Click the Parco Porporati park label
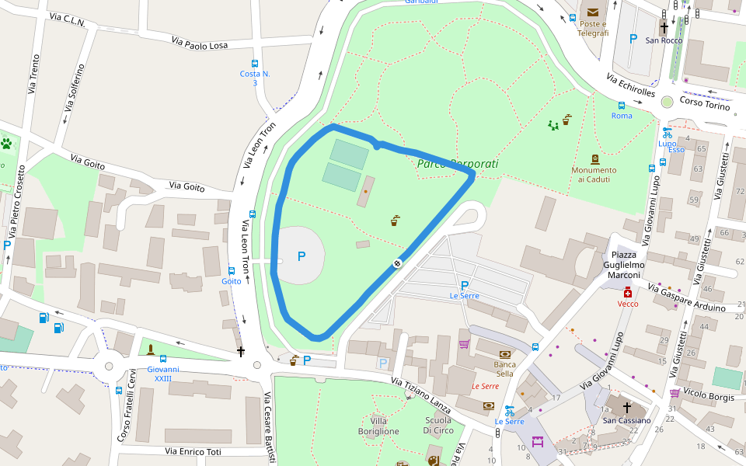click(x=457, y=164)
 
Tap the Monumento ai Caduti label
click(x=594, y=175)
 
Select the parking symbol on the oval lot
click(x=302, y=256)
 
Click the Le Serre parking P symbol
click(x=465, y=285)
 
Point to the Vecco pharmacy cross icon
click(x=628, y=292)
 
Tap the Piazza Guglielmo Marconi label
click(x=625, y=265)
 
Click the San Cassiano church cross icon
click(x=626, y=407)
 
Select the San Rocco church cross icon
click(x=664, y=26)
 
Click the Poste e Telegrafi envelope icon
click(x=594, y=12)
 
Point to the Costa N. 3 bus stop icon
click(x=255, y=64)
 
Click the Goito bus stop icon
click(x=232, y=270)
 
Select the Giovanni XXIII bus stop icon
click(x=162, y=359)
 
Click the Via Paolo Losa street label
click(x=195, y=44)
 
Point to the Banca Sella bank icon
click(x=505, y=353)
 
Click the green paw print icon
click(x=7, y=144)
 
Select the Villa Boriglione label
click(x=378, y=426)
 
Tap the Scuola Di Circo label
click(x=438, y=426)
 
